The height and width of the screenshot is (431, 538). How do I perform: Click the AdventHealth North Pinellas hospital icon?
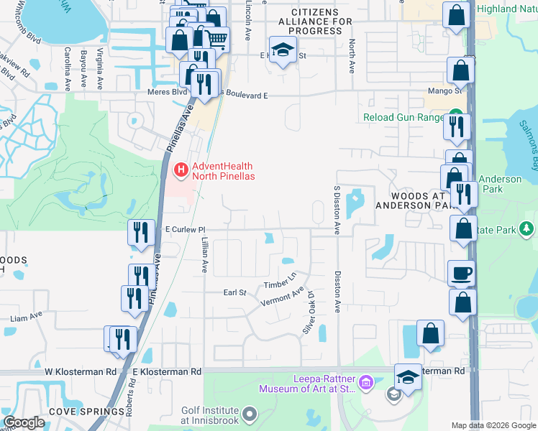pyautogui.click(x=181, y=170)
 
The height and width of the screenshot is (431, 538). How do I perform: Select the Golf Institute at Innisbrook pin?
pyautogui.click(x=250, y=414)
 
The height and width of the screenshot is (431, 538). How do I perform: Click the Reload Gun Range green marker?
pyautogui.click(x=455, y=116)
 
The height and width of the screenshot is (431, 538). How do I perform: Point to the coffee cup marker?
pyautogui.click(x=462, y=273)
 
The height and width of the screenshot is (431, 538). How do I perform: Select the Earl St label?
pyautogui.click(x=234, y=293)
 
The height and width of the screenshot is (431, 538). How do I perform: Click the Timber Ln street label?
pyautogui.click(x=281, y=281)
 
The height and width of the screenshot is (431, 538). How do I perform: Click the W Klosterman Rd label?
pyautogui.click(x=80, y=372)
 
